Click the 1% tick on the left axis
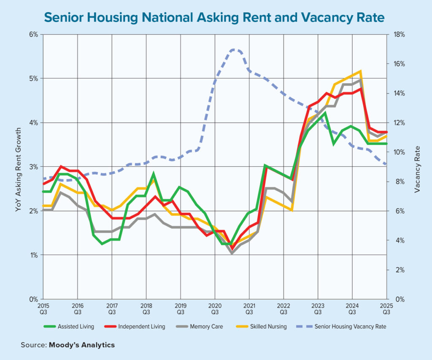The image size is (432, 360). (x=34, y=255)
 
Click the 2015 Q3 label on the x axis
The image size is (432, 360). (x=43, y=308)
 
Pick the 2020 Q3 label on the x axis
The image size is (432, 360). (x=215, y=308)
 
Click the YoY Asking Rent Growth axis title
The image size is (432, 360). (x=18, y=167)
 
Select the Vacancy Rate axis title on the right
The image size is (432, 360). (x=417, y=169)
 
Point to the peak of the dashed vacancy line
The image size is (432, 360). (x=235, y=49)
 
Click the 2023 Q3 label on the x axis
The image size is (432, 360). (x=318, y=308)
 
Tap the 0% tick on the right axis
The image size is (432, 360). (x=397, y=299)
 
